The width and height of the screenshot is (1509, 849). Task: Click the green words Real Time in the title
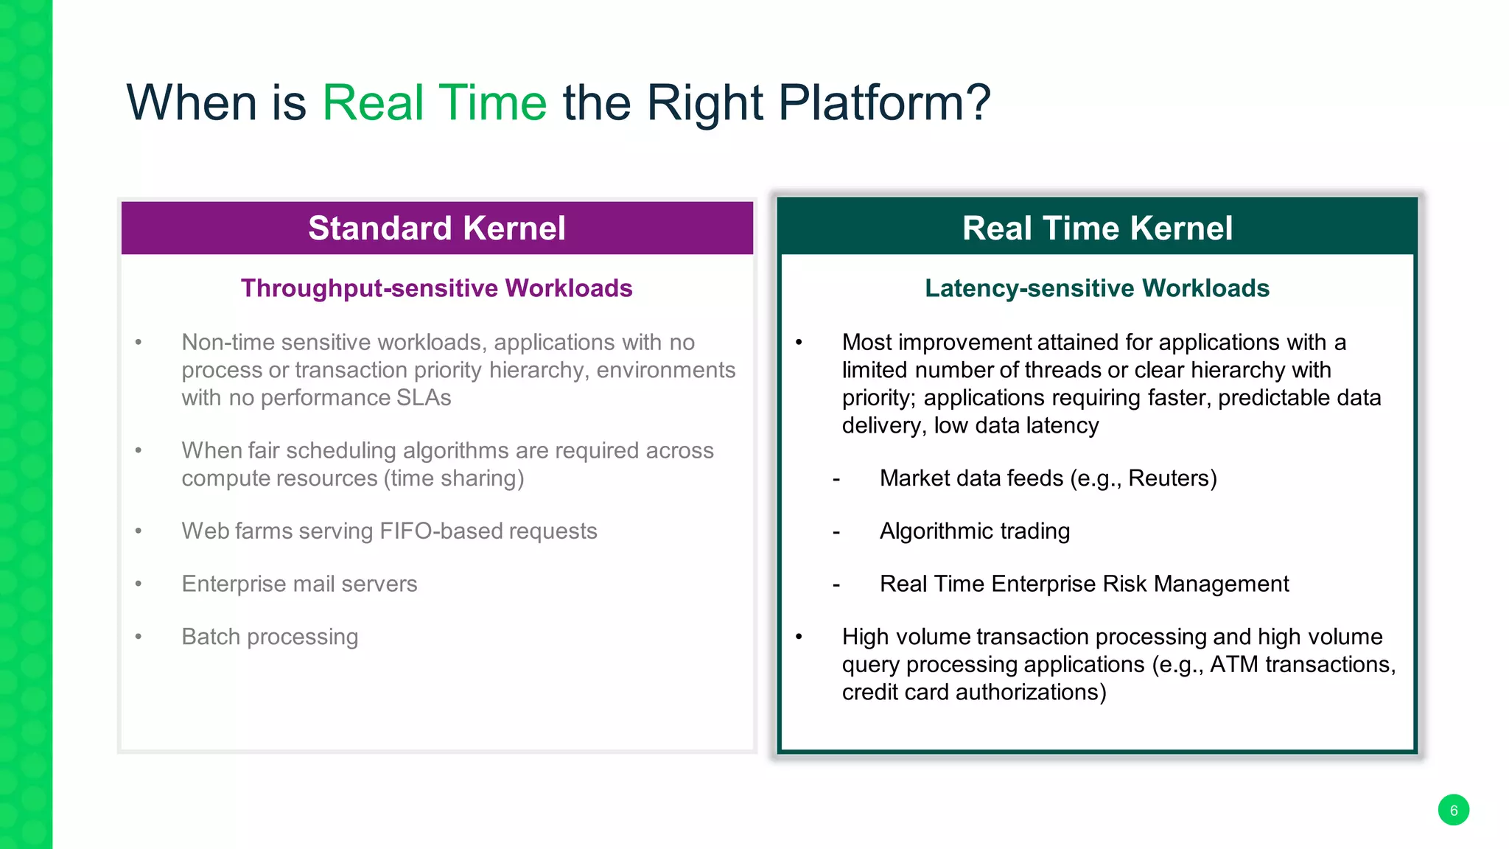tap(434, 102)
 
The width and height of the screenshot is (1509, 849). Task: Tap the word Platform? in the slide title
tap(884, 102)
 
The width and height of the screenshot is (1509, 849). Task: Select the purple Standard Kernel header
tap(437, 228)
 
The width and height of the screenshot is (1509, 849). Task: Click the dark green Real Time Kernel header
tap(1097, 228)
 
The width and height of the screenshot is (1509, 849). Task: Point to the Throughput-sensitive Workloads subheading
tap(436, 288)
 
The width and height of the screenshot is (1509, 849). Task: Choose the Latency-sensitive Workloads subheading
tap(1097, 288)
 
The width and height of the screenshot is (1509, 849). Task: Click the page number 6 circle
tap(1453, 810)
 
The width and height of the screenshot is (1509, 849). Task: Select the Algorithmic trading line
tap(974, 531)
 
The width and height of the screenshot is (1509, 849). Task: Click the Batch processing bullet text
tap(270, 637)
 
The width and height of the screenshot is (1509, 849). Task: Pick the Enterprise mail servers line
tap(299, 584)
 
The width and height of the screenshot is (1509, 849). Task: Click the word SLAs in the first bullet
tap(424, 398)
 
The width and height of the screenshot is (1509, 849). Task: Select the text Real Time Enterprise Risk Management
tap(1084, 584)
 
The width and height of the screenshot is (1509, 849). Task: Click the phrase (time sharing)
tap(453, 478)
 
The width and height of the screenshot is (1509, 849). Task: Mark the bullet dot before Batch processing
tap(138, 637)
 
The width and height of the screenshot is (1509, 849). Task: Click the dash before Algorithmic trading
tap(836, 532)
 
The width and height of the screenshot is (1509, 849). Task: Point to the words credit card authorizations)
tap(974, 693)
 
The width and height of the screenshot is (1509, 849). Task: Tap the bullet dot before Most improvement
tap(799, 343)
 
